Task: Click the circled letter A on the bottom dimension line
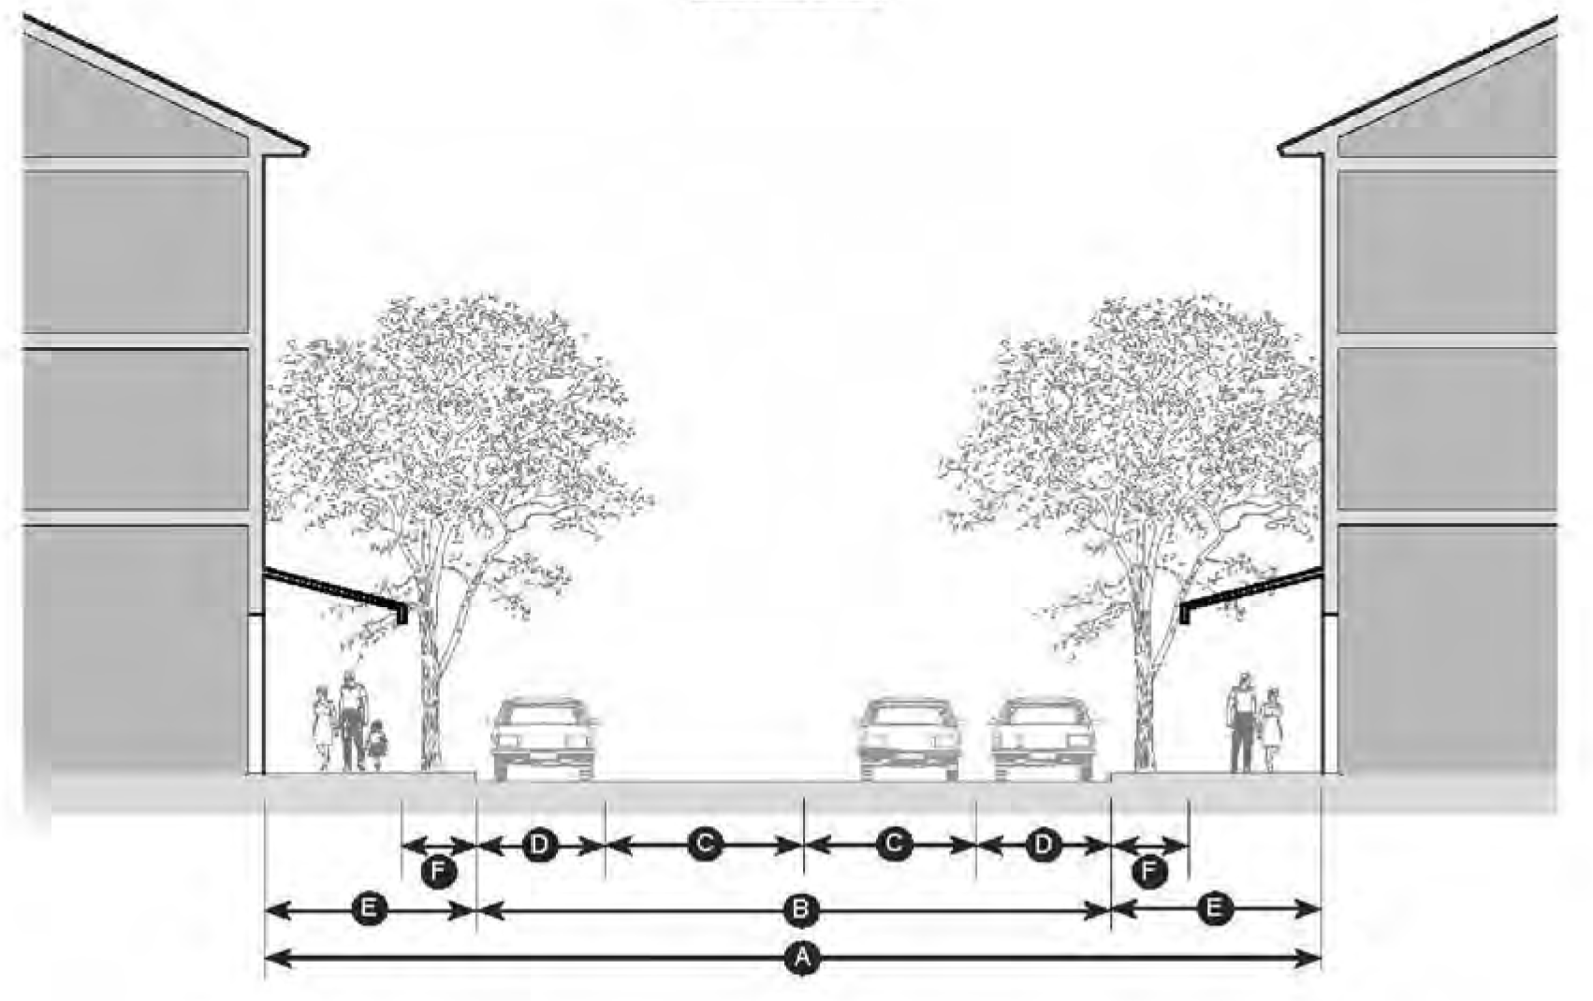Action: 801,958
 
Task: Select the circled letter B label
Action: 801,908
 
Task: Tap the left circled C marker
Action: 704,845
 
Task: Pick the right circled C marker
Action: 894,845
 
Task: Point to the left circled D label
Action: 540,845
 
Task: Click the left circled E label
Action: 369,908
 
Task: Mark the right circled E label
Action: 1215,908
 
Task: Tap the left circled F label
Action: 438,872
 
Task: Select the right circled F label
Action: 1149,872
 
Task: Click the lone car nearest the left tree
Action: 543,739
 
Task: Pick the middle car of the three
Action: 910,739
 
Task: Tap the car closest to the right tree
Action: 1043,739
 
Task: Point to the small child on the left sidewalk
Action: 377,744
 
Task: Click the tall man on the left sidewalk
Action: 352,720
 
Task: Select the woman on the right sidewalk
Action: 1271,730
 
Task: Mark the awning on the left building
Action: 337,591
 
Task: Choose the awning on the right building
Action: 1250,589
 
